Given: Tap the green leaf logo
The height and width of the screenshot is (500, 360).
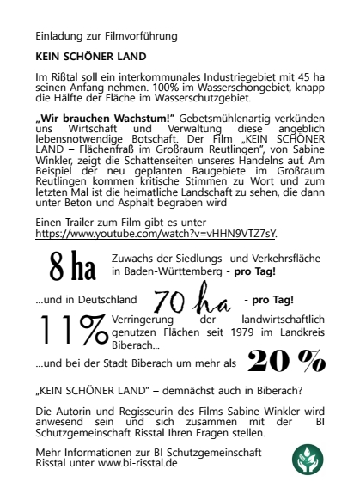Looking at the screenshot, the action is [307, 460].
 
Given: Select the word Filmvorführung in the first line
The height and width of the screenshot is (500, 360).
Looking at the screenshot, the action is [142, 37].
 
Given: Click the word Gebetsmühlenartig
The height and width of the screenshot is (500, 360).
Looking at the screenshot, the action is [223, 116].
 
